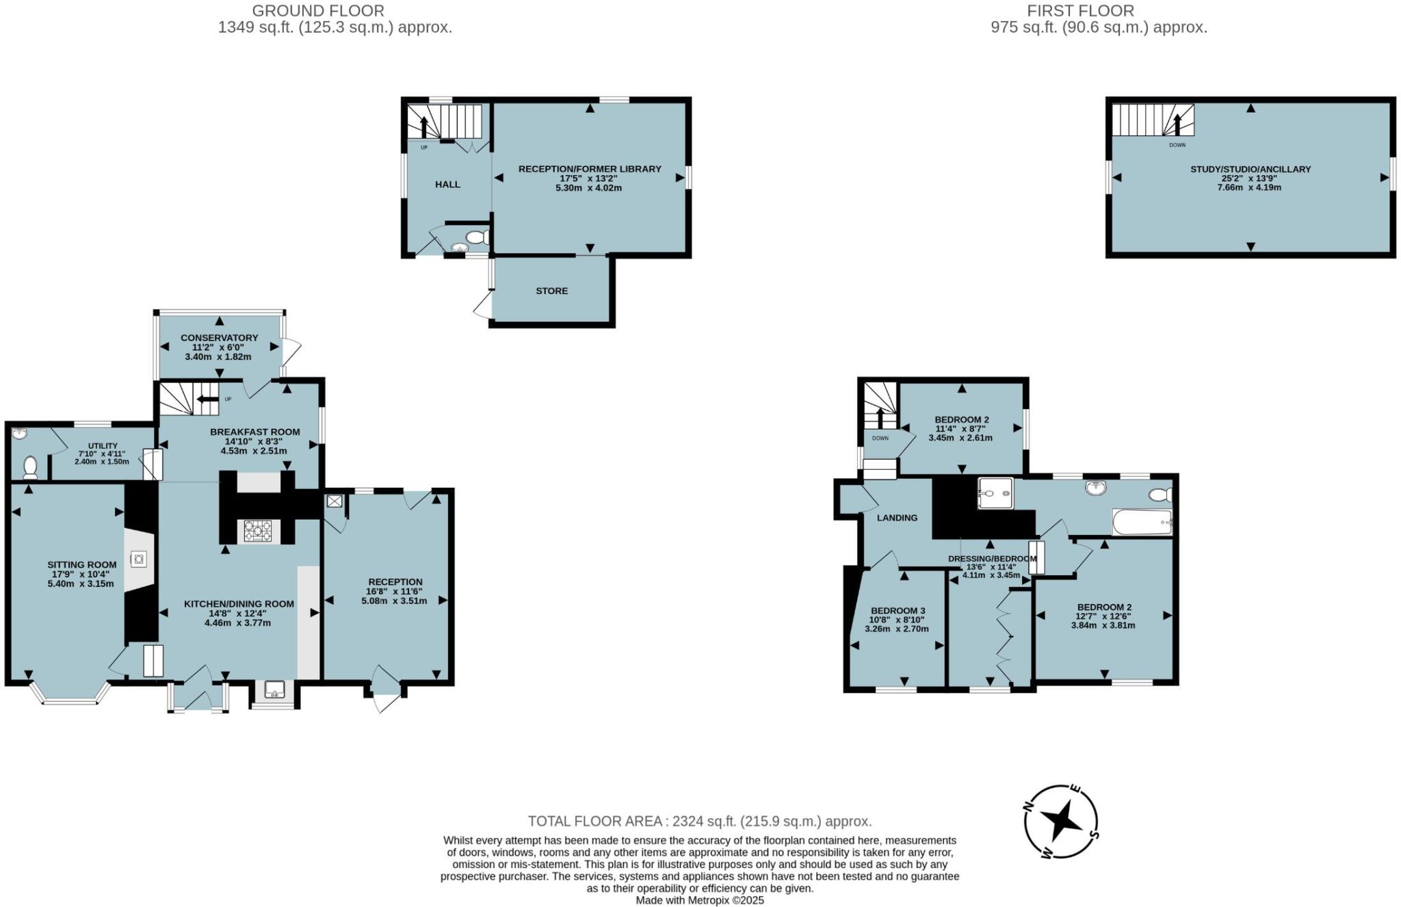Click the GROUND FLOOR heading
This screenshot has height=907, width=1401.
point(318,11)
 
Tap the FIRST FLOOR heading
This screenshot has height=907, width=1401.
point(1080,11)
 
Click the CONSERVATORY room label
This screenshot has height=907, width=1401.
point(219,338)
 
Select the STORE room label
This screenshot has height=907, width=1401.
point(551,291)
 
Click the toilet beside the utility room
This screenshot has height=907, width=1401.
point(29,467)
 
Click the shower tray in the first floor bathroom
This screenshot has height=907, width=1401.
point(995,493)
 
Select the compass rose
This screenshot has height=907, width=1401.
point(1061,821)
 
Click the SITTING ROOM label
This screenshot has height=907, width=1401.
point(81,564)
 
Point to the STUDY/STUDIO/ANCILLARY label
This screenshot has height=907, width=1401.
point(1251,169)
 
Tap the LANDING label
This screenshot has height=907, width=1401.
point(897,518)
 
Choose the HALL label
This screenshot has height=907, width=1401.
point(447,184)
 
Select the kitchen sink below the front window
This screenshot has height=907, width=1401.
point(275,690)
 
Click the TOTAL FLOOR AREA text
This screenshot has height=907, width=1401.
point(700,821)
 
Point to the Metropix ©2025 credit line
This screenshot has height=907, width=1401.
point(700,900)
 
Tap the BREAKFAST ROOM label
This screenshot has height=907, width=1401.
point(254,432)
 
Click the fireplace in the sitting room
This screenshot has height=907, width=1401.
point(139,560)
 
